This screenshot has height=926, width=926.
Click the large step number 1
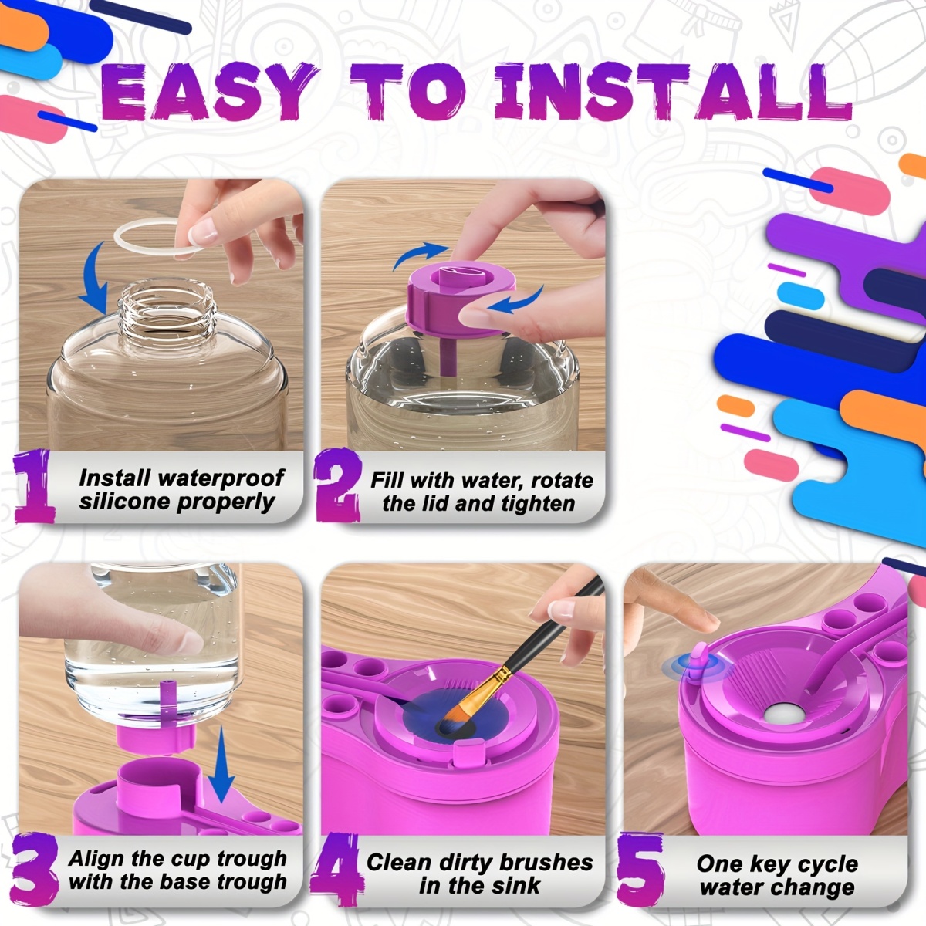point(35,487)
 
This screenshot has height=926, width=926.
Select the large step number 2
point(338,486)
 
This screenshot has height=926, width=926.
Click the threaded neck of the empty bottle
point(166,309)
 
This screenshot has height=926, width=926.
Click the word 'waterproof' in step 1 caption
point(223,478)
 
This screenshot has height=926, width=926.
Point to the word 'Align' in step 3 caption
point(96,859)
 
